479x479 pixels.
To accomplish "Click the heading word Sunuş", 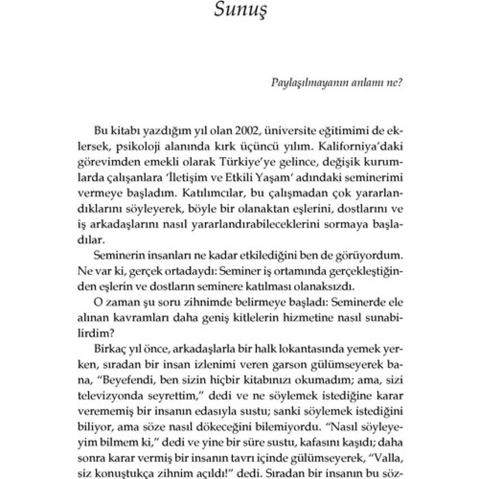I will click(x=241, y=10).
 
